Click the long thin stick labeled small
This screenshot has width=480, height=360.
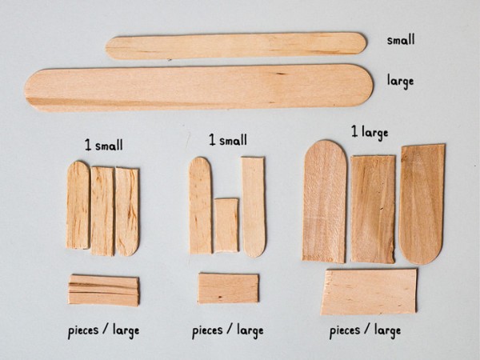pos(236,46)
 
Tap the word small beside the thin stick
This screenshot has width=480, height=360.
pos(401,40)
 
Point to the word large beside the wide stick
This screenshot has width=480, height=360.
pos(400,81)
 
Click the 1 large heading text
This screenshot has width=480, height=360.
pos(369,133)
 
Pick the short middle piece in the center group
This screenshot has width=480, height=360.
pos(226,225)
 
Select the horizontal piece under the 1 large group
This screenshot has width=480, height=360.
pos(369,291)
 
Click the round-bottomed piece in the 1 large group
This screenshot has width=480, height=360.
pos(422,203)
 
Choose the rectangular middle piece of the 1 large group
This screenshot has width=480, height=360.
pos(373,208)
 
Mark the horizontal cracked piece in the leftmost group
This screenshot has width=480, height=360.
pos(103,290)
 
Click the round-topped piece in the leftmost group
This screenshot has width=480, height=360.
pos(78,206)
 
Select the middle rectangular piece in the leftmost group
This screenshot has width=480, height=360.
pos(102,210)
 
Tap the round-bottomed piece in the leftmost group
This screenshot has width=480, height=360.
pos(127,210)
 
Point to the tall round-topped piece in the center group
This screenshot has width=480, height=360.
pos(200,206)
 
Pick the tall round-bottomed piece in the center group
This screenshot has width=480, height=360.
pos(254,206)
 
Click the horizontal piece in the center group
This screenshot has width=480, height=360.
pos(228,288)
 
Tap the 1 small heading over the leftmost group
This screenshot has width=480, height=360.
pos(103,146)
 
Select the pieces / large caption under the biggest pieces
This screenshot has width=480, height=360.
pos(365,330)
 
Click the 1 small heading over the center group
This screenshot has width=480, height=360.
pos(227,140)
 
